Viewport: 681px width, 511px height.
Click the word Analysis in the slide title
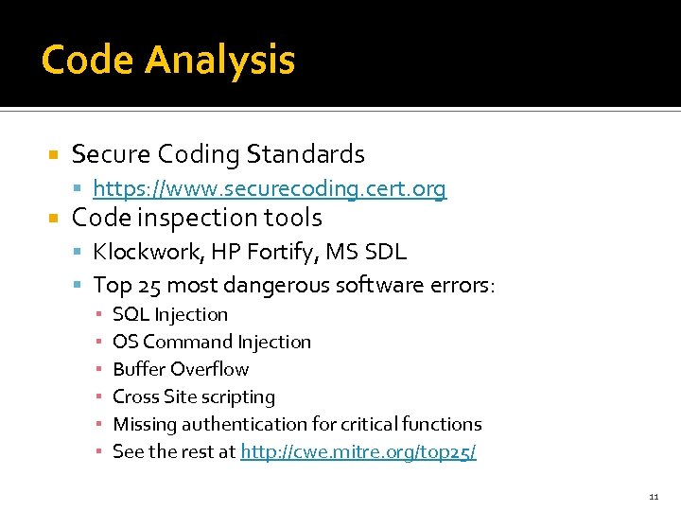pyautogui.click(x=219, y=61)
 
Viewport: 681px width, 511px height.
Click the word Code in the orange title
pyautogui.click(x=88, y=61)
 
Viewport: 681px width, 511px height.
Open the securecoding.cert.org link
pyautogui.click(x=270, y=189)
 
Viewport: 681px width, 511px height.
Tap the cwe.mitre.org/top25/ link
pyautogui.click(x=358, y=451)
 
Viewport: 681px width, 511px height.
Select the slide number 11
pyautogui.click(x=654, y=497)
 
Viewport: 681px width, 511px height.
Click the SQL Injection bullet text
pyautogui.click(x=170, y=314)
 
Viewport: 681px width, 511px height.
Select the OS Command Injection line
pyautogui.click(x=211, y=342)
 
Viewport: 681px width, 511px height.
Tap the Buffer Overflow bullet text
pyautogui.click(x=181, y=369)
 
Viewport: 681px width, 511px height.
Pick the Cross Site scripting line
pyautogui.click(x=194, y=396)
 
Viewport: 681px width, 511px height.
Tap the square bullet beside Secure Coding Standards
pyautogui.click(x=54, y=154)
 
